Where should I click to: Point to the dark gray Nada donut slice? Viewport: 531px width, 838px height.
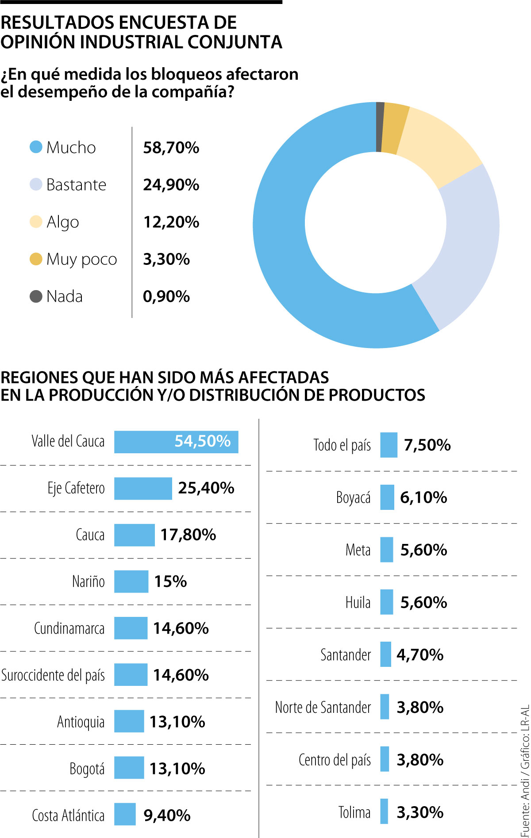380,127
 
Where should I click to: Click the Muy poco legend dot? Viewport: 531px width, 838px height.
36,259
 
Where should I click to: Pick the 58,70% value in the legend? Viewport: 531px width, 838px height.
171,148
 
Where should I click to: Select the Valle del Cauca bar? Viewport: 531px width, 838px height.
176,442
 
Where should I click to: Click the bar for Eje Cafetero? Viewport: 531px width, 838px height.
143,488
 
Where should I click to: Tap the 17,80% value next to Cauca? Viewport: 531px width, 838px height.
188,535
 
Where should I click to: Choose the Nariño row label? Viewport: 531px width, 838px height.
88,582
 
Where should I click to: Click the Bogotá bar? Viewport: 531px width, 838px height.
129,768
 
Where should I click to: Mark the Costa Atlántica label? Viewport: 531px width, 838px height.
68,815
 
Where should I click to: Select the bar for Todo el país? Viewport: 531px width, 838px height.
389,445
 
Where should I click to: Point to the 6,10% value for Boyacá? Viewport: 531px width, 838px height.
423,497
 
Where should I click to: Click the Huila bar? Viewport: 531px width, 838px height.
386,602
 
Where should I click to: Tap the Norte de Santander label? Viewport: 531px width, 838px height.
323,707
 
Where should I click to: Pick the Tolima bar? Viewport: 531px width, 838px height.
384,811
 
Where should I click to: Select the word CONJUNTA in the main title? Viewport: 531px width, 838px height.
235,42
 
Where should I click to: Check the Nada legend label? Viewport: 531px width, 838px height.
65,296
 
